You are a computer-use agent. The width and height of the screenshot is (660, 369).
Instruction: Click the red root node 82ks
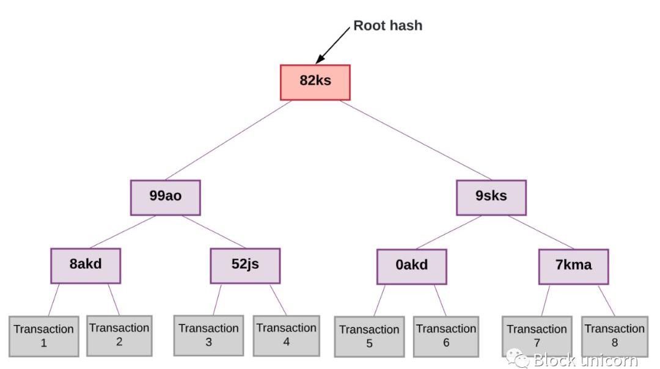(x=315, y=81)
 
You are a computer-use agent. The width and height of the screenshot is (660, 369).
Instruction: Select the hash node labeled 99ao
(x=165, y=197)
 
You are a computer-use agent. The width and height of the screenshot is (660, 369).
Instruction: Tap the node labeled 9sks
(x=491, y=197)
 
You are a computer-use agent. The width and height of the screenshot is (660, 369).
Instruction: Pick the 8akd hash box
(x=86, y=266)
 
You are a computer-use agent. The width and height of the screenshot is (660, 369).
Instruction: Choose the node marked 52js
(x=245, y=266)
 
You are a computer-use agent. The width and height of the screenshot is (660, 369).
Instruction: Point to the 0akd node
(x=411, y=266)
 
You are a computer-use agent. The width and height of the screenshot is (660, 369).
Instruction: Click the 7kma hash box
(x=573, y=266)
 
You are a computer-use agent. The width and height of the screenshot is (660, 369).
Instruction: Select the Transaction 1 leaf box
(x=44, y=336)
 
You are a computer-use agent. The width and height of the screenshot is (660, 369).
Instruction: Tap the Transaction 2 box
(x=119, y=335)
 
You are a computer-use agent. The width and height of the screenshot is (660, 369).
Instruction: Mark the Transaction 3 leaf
(x=208, y=335)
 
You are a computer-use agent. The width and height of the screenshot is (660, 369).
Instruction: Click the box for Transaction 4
(x=286, y=335)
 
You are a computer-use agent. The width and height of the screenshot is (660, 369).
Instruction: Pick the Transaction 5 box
(x=369, y=336)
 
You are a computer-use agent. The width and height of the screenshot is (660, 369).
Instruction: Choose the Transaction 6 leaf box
(x=446, y=336)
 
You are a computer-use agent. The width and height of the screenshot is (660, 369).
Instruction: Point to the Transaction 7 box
(x=537, y=335)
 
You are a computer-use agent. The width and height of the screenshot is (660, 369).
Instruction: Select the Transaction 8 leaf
(x=614, y=335)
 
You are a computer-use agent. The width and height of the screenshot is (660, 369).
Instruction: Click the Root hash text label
(x=388, y=26)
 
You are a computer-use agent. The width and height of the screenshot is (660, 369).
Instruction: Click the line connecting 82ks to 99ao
(x=228, y=141)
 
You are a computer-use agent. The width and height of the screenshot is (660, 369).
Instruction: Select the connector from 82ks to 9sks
(x=407, y=141)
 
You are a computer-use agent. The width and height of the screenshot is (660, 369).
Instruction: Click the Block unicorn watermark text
(x=584, y=360)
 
